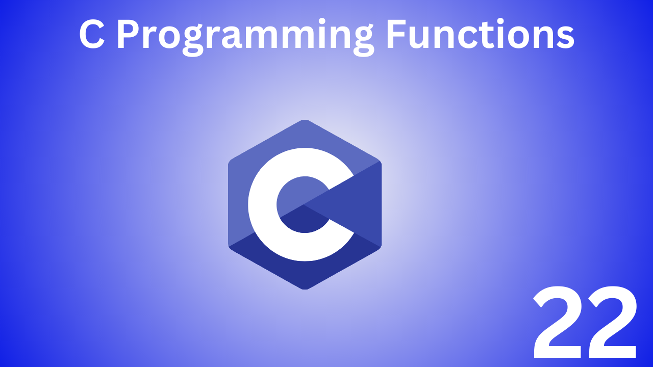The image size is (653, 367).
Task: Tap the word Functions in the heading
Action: (x=480, y=35)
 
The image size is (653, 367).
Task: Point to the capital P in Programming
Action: (x=130, y=35)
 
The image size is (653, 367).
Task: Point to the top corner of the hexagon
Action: (x=305, y=120)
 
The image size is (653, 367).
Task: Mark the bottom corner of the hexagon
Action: (x=305, y=289)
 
